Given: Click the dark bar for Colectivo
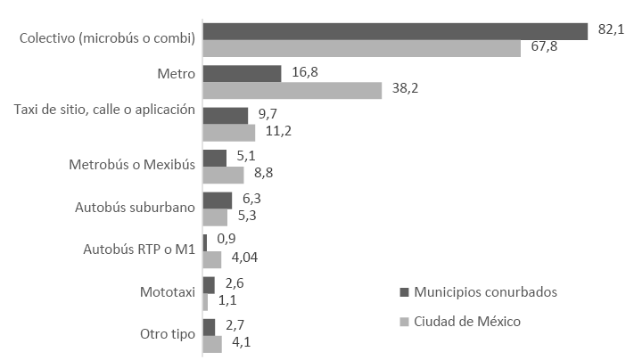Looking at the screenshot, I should (x=395, y=31).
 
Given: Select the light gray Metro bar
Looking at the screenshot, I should (x=292, y=91).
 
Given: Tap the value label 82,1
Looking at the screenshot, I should (x=611, y=29).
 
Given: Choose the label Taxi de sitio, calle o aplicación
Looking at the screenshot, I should (x=104, y=110).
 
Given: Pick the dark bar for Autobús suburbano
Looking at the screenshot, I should (x=218, y=200).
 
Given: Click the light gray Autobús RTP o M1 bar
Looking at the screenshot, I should (x=212, y=259).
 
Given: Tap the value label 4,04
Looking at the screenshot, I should (x=243, y=259).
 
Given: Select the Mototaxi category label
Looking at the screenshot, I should (x=167, y=292).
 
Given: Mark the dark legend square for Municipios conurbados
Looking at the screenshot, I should (x=403, y=292).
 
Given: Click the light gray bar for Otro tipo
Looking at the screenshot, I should (x=212, y=344).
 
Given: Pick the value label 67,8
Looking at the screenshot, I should (x=544, y=46).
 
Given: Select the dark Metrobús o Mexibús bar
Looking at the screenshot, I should (x=215, y=158).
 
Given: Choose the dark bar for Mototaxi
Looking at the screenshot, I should (x=209, y=285).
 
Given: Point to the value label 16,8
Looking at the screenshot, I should (x=306, y=71).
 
